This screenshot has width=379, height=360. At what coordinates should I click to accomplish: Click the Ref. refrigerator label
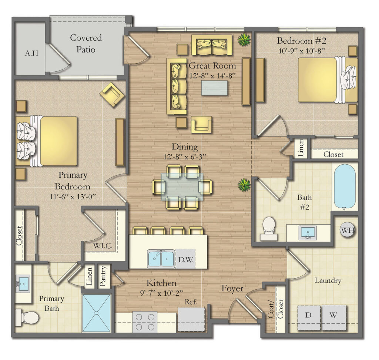click(x=191, y=302)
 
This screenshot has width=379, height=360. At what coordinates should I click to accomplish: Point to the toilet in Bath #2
click(x=269, y=228)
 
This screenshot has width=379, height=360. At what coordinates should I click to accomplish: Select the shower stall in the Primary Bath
click(x=96, y=313)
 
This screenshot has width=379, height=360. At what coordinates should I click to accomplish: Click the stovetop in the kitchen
click(x=145, y=322)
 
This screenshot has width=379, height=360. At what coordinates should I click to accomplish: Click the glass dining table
click(x=182, y=187)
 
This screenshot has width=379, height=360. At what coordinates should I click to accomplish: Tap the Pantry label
click(x=104, y=276)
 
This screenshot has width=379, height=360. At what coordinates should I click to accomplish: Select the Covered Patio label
click(x=86, y=43)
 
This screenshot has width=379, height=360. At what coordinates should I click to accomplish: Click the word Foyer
click(x=232, y=288)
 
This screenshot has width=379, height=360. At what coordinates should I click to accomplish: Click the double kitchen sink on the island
click(x=161, y=258)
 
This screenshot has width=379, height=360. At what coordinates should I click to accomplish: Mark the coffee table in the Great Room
click(x=214, y=88)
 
